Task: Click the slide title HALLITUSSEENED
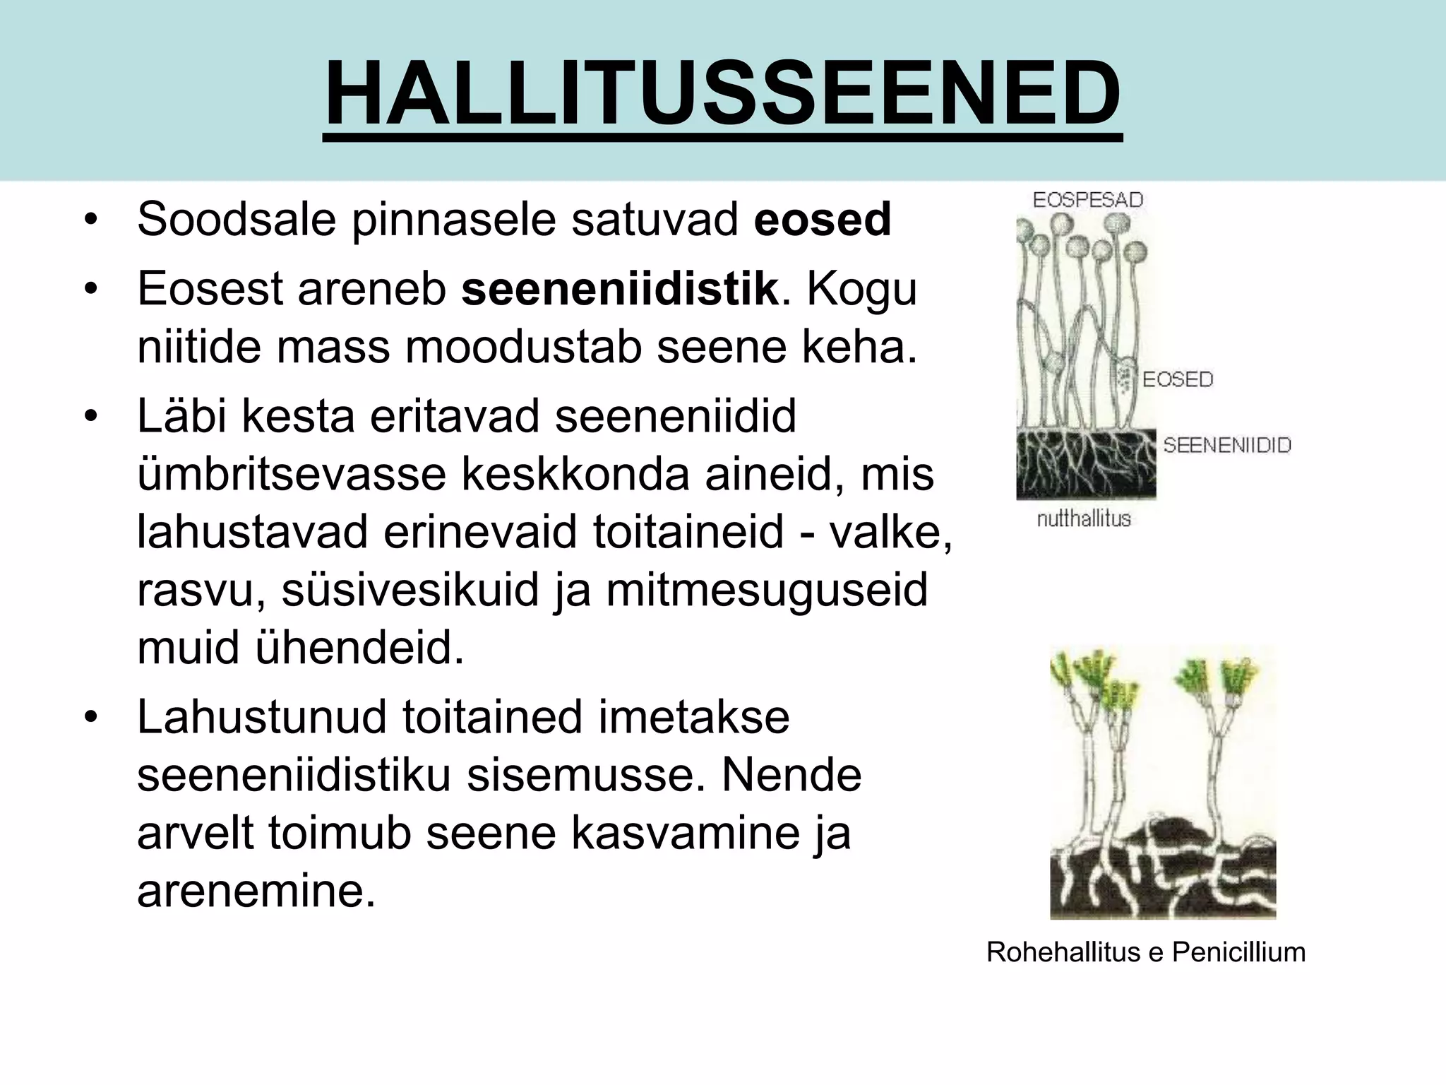(x=722, y=93)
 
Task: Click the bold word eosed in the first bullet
(x=822, y=219)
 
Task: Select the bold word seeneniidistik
(x=620, y=289)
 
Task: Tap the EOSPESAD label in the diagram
(x=1087, y=200)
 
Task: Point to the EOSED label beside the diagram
(x=1177, y=379)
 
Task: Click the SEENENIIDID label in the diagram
(x=1227, y=446)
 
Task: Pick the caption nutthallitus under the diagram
(x=1084, y=519)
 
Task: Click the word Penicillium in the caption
(x=1238, y=952)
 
